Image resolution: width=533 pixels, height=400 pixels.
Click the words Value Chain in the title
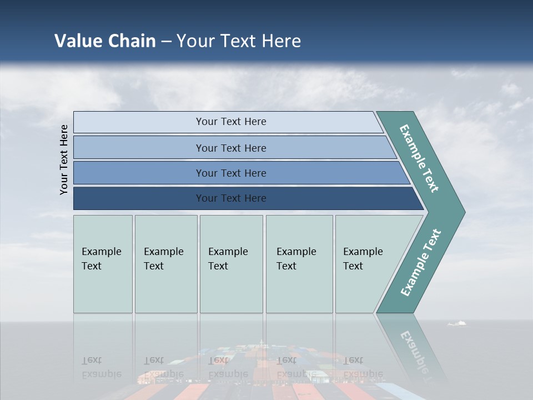(105, 41)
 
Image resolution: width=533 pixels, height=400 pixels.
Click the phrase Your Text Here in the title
(239, 41)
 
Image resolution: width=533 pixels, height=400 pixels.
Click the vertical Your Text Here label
(64, 159)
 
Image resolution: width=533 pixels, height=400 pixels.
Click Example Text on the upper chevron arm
(419, 158)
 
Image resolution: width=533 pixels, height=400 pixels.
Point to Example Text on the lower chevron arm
(421, 262)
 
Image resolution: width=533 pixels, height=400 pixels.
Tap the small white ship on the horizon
(457, 323)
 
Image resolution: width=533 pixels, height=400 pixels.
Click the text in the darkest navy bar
(231, 198)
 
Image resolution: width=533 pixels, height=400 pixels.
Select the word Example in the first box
(101, 252)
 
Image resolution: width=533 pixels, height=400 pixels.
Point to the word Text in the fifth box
(353, 266)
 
